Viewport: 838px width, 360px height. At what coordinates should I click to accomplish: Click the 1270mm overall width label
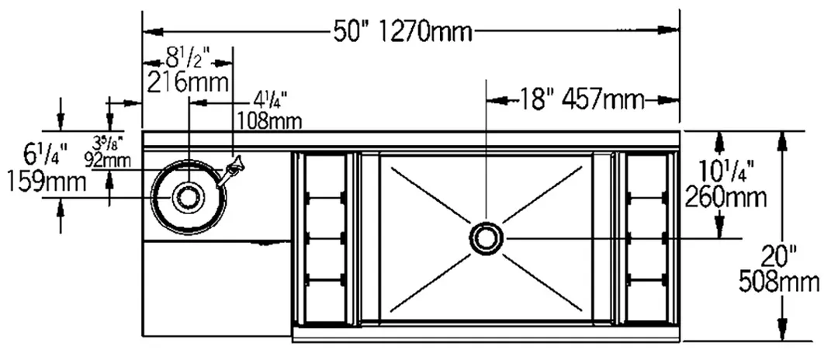[427, 32]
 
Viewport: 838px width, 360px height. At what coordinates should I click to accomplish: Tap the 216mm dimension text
[188, 83]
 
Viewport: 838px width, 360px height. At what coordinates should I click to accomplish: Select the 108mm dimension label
[269, 120]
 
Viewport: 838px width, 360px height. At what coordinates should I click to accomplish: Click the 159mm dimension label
[47, 182]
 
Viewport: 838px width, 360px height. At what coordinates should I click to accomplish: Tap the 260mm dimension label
[725, 197]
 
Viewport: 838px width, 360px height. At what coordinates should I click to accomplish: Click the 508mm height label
[779, 282]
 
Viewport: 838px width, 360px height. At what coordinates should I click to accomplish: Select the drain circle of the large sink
[487, 237]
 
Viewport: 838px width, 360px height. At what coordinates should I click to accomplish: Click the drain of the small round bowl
[188, 196]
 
